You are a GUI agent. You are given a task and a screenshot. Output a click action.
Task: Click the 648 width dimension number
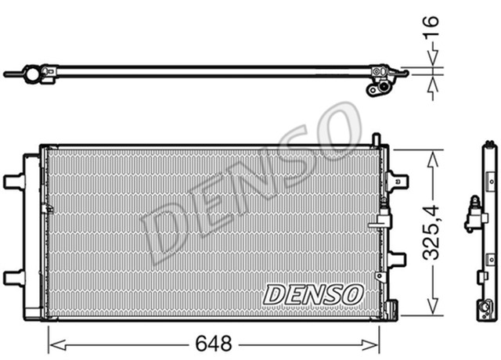(214, 343)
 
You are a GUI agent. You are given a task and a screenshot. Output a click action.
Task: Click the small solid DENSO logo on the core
(313, 294)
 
